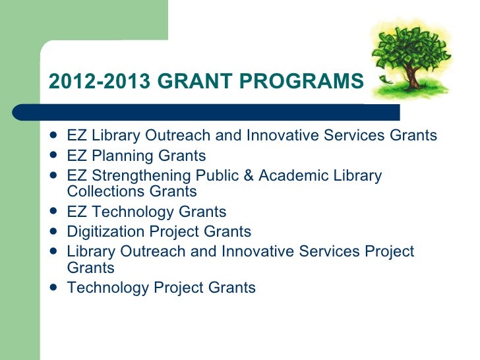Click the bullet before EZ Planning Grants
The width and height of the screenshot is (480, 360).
coord(53,156)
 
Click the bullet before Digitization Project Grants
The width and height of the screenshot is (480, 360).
coord(53,232)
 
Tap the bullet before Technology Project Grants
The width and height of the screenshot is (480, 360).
coord(53,288)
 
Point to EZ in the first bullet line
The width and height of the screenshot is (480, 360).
coord(77,136)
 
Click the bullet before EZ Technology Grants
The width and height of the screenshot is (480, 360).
coord(53,212)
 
